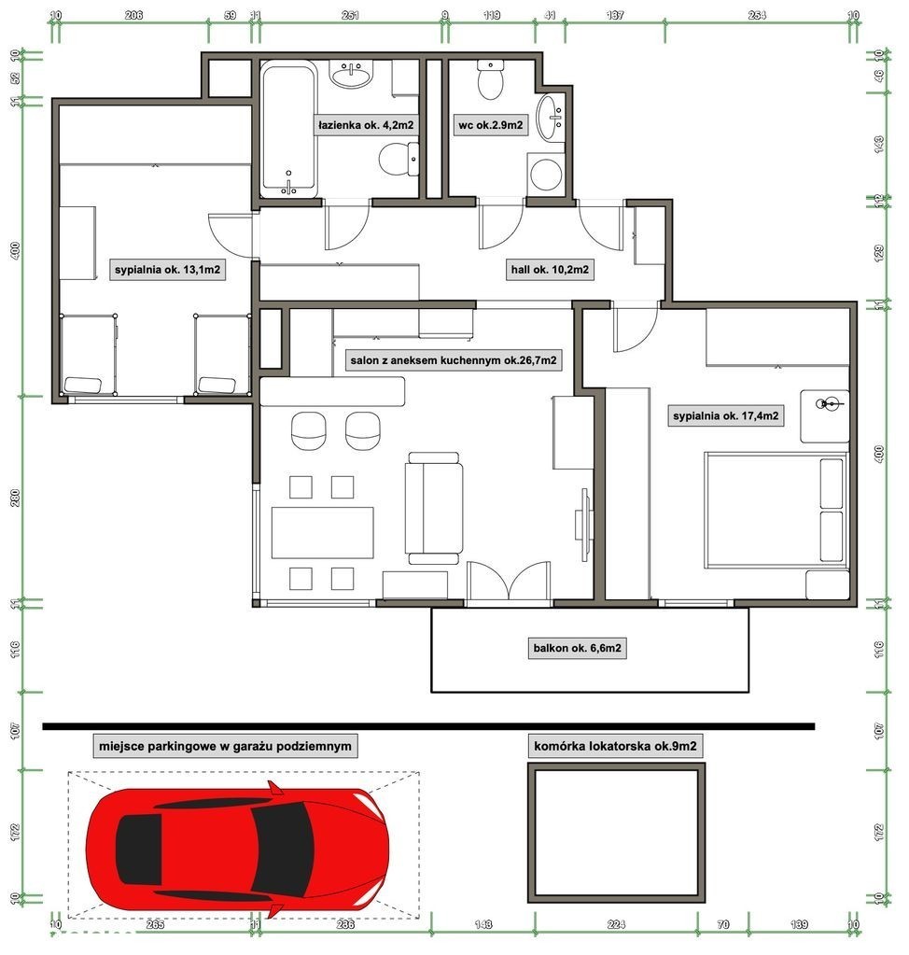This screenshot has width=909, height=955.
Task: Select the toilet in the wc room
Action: click(490, 79)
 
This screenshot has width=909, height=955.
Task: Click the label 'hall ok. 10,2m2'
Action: click(550, 269)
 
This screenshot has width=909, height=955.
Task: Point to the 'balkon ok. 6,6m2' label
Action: click(577, 648)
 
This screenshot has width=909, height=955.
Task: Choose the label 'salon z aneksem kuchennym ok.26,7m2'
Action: click(453, 360)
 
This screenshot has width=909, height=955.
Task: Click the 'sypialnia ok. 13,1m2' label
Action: click(167, 269)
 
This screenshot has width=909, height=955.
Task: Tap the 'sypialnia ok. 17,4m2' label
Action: click(725, 416)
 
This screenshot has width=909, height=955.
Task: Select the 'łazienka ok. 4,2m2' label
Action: click(366, 125)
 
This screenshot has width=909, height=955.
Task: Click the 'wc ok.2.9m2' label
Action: click(490, 125)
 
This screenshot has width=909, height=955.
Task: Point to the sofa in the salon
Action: click(433, 508)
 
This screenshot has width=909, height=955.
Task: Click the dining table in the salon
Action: click(322, 533)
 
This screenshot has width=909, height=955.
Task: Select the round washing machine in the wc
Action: click(546, 175)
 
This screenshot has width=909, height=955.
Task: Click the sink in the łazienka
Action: click(351, 74)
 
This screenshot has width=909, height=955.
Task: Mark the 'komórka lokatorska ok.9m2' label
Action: click(615, 746)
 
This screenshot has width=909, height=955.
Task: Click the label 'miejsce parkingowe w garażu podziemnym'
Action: click(225, 746)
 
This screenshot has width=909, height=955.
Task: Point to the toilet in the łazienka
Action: click(399, 160)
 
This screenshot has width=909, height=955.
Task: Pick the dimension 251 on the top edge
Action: click(350, 15)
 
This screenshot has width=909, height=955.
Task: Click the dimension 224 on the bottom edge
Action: click(616, 924)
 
